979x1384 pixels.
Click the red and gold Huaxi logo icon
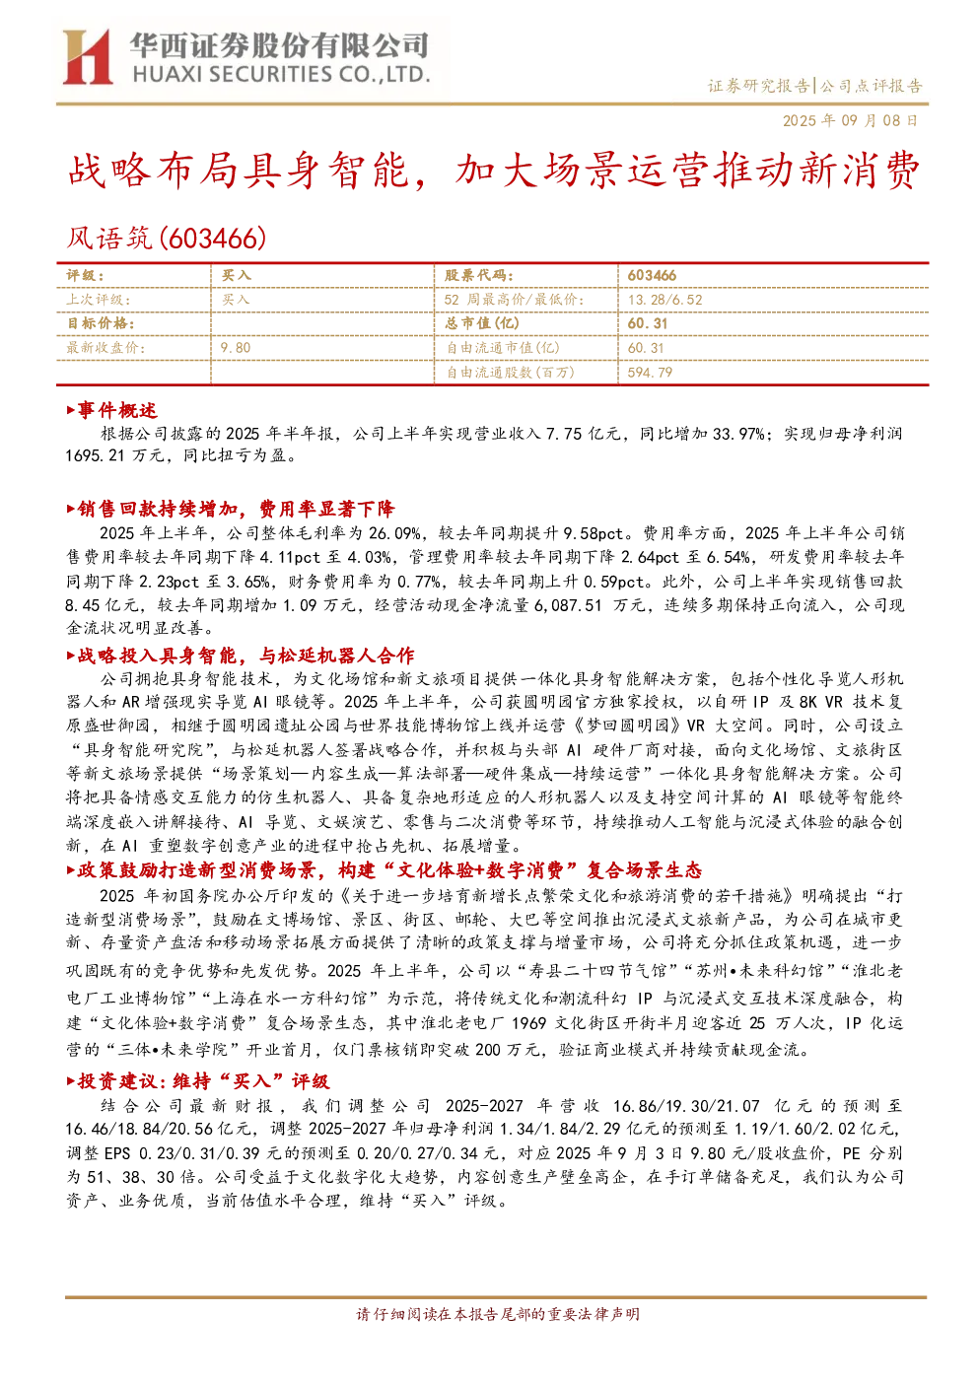(x=88, y=56)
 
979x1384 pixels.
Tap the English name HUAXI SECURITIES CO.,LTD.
(x=281, y=75)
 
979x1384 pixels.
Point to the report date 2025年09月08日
(x=851, y=120)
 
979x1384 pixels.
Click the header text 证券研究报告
(x=758, y=86)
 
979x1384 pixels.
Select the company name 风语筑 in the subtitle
(x=109, y=239)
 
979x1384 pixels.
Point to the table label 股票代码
(x=479, y=275)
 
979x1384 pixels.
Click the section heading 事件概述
(x=116, y=410)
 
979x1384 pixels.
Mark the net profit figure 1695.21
(x=96, y=456)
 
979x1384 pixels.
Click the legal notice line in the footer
(x=498, y=1314)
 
